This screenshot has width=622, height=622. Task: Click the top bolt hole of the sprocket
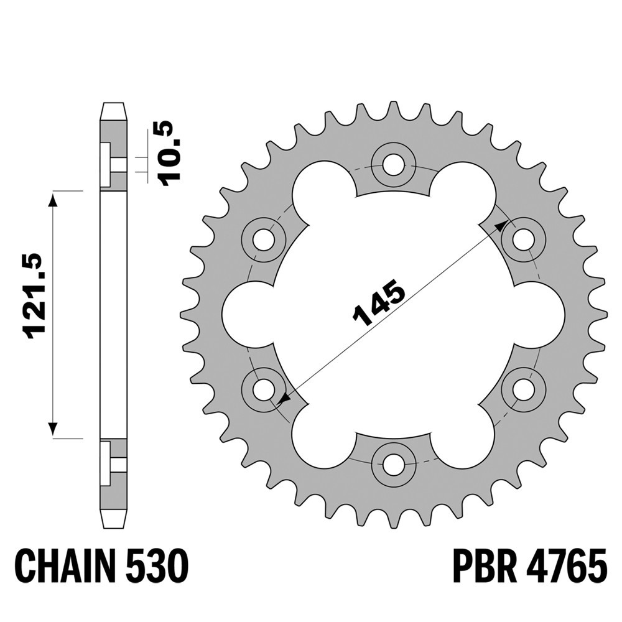point(394,163)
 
